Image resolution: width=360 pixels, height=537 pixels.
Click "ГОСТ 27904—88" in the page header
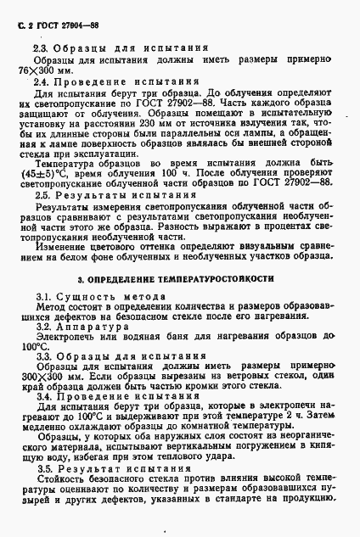[53, 12]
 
